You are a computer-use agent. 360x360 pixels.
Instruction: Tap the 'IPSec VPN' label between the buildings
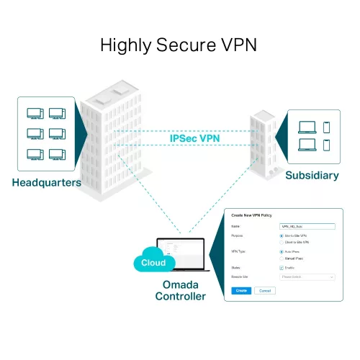coord(194,138)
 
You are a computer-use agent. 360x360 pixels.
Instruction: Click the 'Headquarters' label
coord(46,182)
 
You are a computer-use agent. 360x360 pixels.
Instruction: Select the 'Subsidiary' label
coord(312,175)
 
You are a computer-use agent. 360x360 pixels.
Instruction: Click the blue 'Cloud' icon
coord(153,263)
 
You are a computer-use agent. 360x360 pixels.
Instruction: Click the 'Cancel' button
coord(264,290)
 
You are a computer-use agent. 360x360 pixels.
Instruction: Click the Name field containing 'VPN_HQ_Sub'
coord(307,226)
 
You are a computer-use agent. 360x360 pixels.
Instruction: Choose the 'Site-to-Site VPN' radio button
coord(281,235)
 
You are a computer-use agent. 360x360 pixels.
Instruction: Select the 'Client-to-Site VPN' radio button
coord(281,243)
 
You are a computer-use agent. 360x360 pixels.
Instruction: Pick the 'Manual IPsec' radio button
coord(281,258)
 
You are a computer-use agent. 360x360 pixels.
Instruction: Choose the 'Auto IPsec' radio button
coord(281,251)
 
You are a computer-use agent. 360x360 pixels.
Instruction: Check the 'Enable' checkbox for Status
coord(281,268)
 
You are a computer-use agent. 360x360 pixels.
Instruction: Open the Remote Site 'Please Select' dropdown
coord(307,276)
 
